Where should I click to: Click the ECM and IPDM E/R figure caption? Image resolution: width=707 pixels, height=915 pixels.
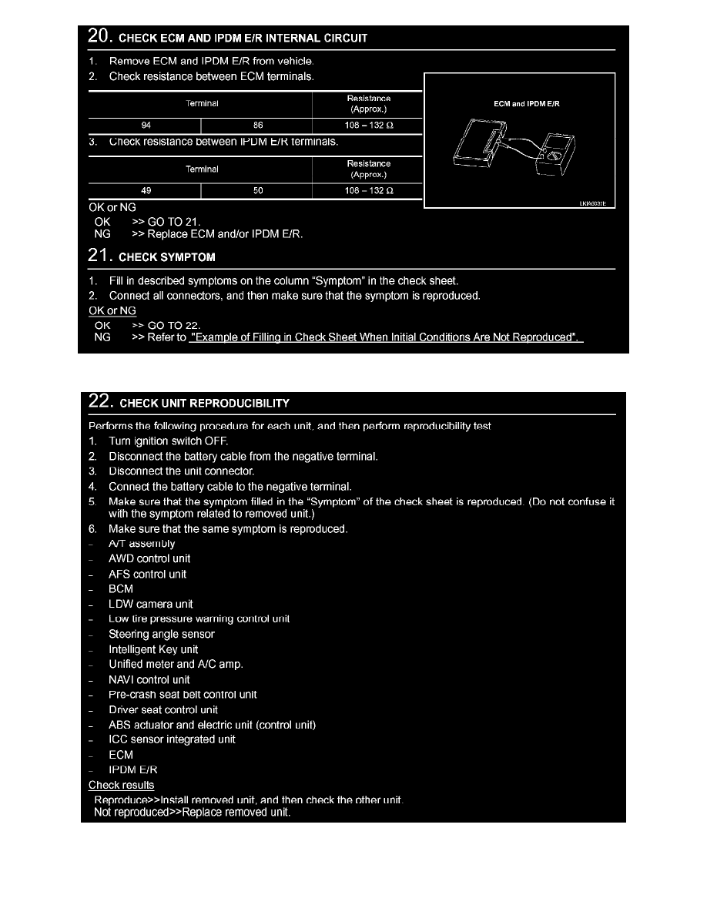tap(527, 104)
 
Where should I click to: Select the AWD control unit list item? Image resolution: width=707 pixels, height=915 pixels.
tap(149, 559)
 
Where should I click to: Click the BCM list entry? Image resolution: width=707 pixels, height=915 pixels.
tap(121, 589)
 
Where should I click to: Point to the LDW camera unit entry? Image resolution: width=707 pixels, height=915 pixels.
tap(151, 605)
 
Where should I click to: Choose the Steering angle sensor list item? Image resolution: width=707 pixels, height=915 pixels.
tap(162, 635)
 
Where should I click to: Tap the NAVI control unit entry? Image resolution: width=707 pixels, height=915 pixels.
tap(149, 680)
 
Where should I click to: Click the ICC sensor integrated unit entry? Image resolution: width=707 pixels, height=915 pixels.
tap(172, 740)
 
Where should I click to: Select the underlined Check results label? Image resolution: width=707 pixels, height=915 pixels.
tap(121, 786)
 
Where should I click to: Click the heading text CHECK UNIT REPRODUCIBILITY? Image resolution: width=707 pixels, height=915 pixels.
tap(204, 404)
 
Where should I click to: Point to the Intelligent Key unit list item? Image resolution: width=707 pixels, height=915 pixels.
tap(153, 650)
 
